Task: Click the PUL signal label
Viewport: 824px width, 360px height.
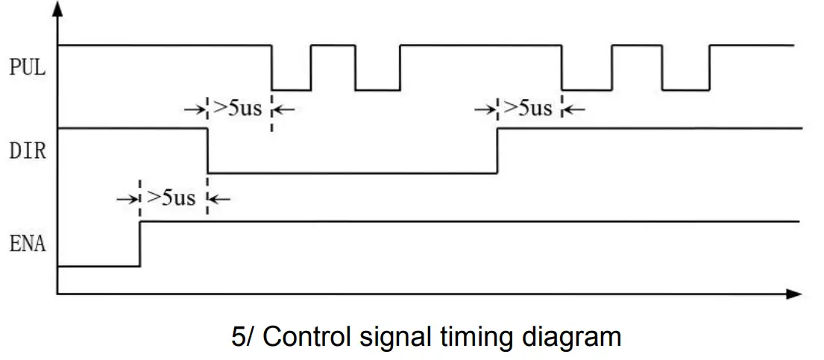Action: click(27, 68)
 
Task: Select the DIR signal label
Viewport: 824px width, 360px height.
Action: click(27, 152)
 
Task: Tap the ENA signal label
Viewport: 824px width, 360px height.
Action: click(27, 243)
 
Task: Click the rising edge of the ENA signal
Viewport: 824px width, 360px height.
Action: click(139, 244)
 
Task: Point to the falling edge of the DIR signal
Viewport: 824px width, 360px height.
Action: click(207, 151)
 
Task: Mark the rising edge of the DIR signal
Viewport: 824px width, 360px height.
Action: click(497, 151)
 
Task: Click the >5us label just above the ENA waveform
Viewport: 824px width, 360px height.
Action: click(172, 198)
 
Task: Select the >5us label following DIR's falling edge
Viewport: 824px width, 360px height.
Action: click(238, 108)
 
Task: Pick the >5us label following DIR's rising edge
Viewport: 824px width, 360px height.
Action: click(528, 108)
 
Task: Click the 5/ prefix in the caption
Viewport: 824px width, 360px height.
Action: click(243, 337)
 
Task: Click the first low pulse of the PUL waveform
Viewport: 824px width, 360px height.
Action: click(291, 89)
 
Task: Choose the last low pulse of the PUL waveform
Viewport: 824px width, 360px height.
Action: click(685, 89)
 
